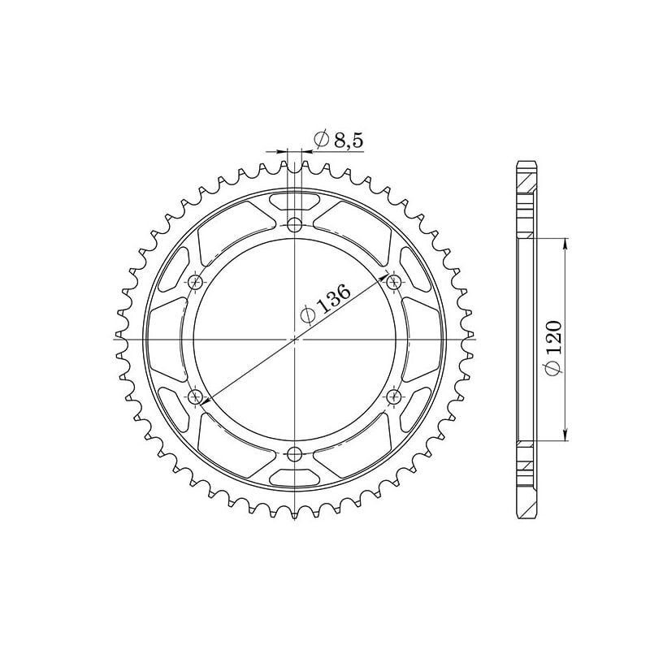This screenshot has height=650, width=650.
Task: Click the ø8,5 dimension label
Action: tap(336, 141)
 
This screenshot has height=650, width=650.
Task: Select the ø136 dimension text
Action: tap(325, 304)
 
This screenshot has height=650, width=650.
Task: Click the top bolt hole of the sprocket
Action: tap(294, 224)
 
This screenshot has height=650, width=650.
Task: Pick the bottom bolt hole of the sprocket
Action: tap(294, 453)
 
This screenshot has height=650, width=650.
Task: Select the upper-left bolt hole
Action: tap(195, 282)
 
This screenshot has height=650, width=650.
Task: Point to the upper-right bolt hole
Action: tap(395, 282)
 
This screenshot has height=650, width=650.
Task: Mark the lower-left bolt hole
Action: tap(195, 396)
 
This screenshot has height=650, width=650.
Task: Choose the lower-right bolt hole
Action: tap(395, 396)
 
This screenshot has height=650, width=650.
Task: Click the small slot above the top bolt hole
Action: tap(294, 200)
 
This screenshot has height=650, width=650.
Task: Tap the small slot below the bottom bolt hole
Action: tap(294, 477)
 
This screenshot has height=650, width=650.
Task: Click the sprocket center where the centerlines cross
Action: tap(294, 339)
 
